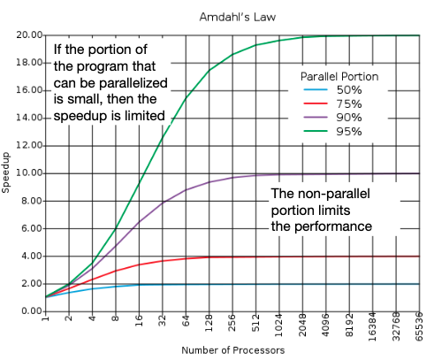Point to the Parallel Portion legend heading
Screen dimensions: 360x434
click(x=339, y=76)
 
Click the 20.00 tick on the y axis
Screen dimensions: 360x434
click(x=29, y=35)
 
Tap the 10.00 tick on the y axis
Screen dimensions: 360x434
click(x=29, y=173)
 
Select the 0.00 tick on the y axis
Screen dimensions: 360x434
click(x=31, y=311)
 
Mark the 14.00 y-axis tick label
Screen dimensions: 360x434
click(x=29, y=119)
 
